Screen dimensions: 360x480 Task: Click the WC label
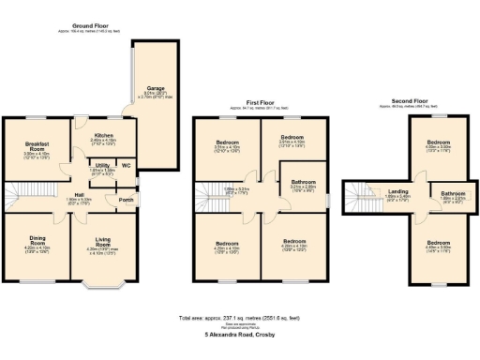[125, 166]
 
